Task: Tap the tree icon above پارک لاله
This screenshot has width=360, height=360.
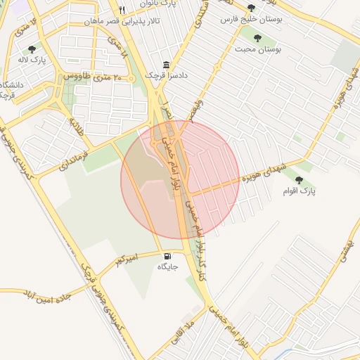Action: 32,49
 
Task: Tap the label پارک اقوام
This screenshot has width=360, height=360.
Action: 299,191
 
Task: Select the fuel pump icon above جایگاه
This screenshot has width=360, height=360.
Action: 167,256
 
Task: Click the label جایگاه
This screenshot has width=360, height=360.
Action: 167,267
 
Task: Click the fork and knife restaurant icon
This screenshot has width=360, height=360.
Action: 122,11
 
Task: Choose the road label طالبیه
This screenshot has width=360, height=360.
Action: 75,127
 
